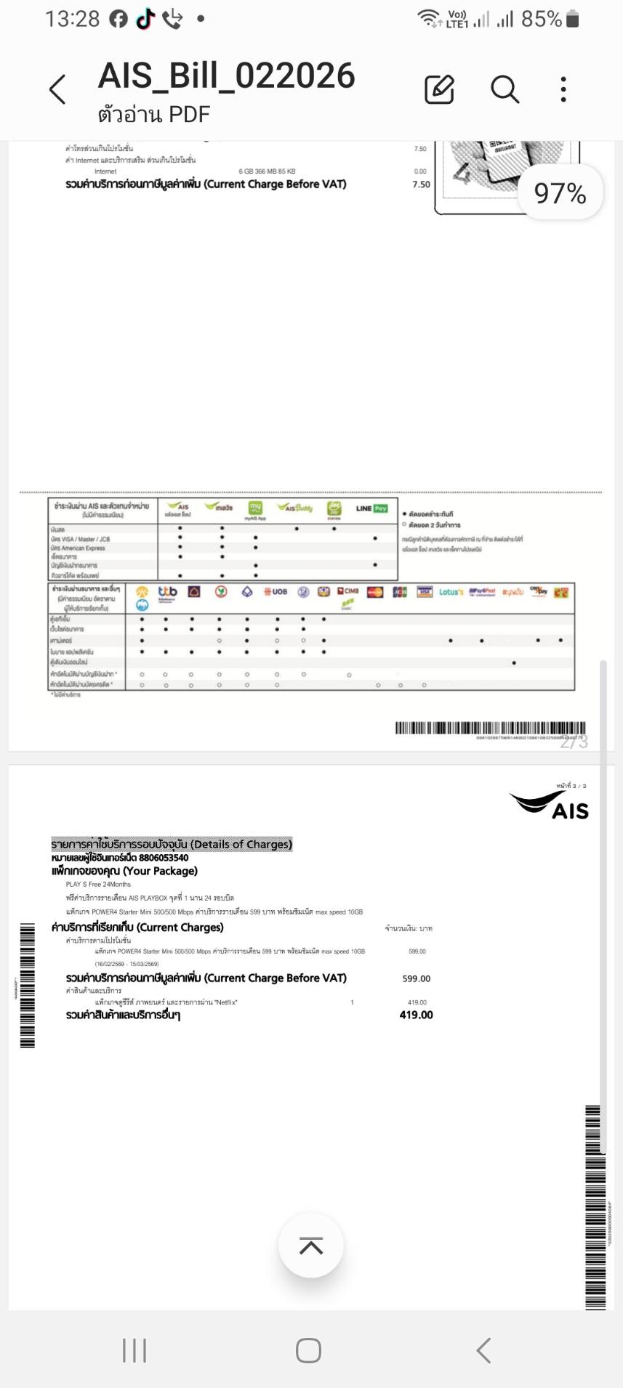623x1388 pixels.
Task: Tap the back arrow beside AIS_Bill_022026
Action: (57, 89)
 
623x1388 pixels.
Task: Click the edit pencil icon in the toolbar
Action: (439, 89)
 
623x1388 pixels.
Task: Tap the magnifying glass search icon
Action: (505, 89)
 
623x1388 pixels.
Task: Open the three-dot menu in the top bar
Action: (563, 89)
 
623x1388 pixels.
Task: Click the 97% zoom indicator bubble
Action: (560, 193)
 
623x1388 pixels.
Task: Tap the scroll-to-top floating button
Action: (311, 1246)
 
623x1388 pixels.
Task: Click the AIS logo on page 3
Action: (550, 805)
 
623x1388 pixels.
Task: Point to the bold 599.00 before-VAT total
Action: (416, 978)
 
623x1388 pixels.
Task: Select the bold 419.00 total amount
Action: (416, 1015)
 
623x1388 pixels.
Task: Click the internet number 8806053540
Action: (164, 858)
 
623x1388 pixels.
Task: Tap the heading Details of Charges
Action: (172, 844)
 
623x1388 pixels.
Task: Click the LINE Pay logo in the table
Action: (371, 508)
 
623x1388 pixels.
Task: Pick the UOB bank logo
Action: (276, 592)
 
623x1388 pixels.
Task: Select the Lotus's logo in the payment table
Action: (451, 592)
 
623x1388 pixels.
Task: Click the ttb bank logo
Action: (167, 592)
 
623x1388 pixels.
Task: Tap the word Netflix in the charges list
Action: (225, 1002)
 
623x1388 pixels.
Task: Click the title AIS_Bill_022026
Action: (226, 76)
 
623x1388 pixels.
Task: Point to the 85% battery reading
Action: (542, 19)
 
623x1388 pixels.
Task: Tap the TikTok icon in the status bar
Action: (145, 20)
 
